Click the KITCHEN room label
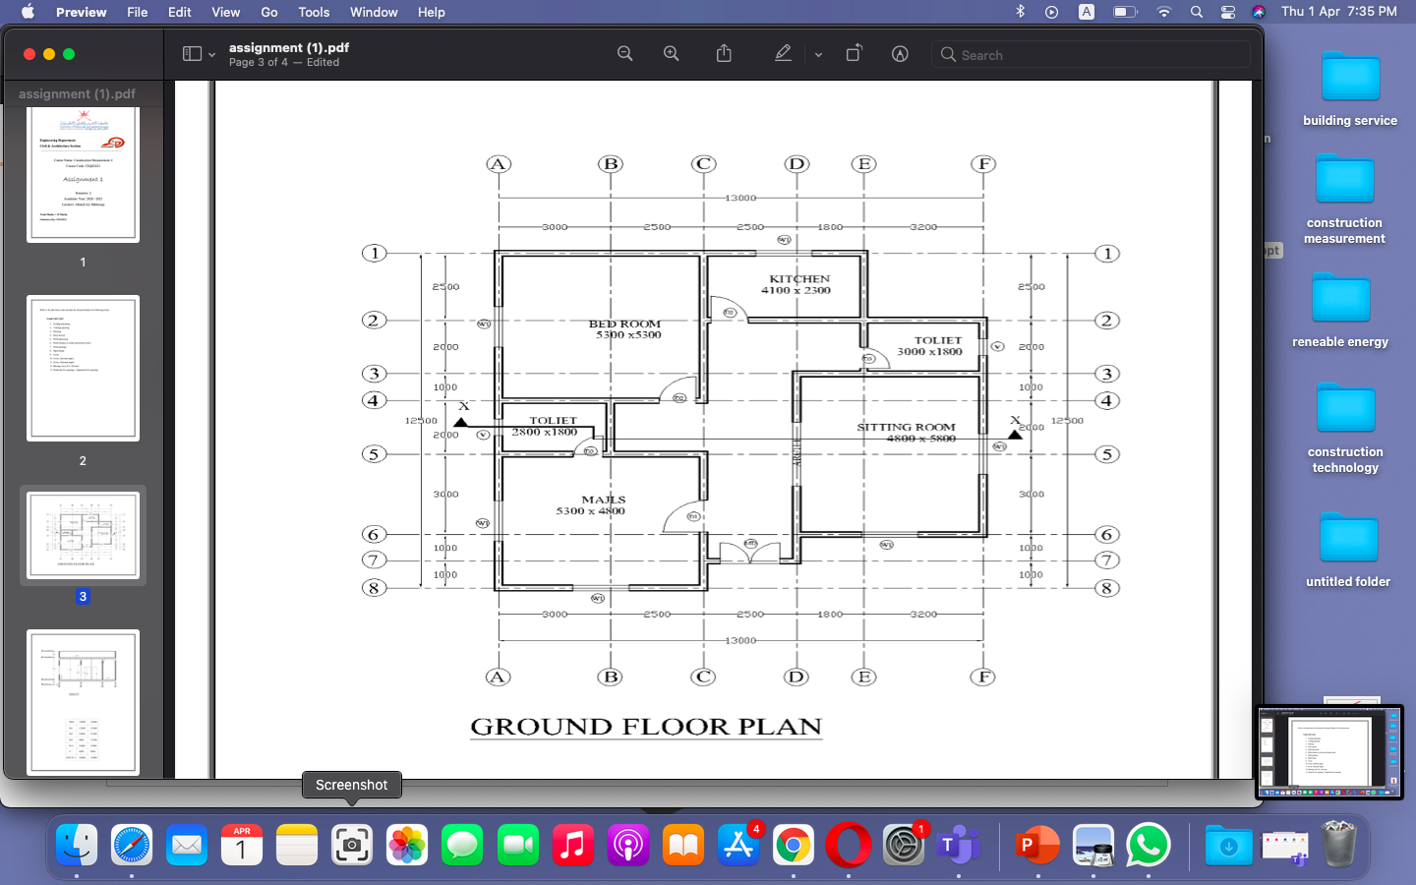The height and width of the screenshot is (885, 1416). (798, 279)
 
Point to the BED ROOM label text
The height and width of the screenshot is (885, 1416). (624, 324)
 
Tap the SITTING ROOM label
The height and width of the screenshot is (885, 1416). (906, 428)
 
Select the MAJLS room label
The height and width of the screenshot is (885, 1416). (603, 501)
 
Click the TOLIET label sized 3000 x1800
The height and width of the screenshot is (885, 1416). (937, 340)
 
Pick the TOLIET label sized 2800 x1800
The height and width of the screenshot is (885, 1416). (553, 421)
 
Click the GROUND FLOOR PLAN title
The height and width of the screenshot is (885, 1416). (646, 727)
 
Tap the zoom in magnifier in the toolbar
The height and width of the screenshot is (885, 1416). (672, 54)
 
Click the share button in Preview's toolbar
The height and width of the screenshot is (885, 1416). (724, 54)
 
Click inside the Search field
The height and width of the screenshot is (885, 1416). (1091, 55)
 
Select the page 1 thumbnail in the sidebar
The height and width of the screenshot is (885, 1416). (83, 174)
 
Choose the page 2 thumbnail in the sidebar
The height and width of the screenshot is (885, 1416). (83, 368)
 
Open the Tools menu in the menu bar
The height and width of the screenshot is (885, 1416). (314, 12)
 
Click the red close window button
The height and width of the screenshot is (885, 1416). (29, 54)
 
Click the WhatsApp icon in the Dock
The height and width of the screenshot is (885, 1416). (1148, 845)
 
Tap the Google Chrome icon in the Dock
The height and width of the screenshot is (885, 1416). (794, 845)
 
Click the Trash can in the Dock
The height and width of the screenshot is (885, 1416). (1338, 845)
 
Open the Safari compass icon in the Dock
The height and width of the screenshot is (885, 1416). (132, 845)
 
